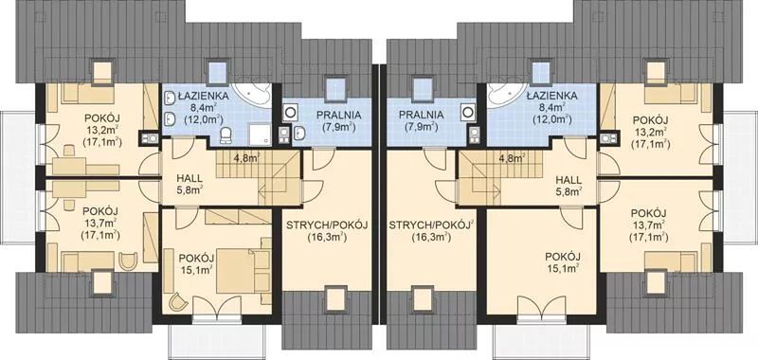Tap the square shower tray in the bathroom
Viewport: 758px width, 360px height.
click(260, 134)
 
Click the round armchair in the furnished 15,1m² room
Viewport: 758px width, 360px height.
click(178, 302)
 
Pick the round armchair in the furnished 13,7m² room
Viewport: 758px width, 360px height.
click(128, 261)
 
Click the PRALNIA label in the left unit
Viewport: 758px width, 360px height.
click(339, 115)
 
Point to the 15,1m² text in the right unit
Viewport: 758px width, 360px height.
click(563, 268)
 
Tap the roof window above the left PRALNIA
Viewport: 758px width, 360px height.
click(334, 88)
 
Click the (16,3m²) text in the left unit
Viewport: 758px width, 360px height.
click(327, 237)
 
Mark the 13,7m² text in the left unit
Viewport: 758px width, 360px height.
click(101, 224)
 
